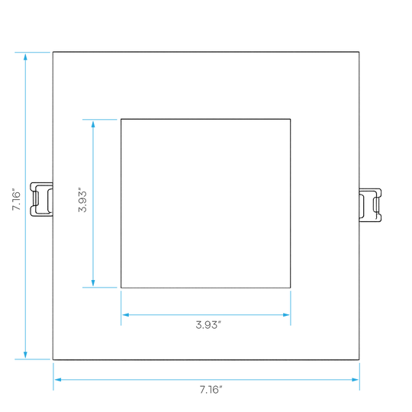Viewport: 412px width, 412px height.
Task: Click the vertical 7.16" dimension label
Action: (x=16, y=199)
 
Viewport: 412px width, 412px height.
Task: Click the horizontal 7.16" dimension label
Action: (x=211, y=390)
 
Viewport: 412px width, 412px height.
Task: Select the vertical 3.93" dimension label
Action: (x=82, y=200)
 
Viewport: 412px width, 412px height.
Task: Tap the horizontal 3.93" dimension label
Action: (x=208, y=325)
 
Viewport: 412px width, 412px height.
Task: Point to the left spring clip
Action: (x=41, y=199)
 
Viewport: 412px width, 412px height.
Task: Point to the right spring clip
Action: (x=370, y=205)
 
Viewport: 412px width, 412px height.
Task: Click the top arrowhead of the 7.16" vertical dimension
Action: (x=25, y=56)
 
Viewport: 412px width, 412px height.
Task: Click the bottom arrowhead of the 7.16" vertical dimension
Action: (x=25, y=355)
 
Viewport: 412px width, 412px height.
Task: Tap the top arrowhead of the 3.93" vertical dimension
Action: (x=93, y=124)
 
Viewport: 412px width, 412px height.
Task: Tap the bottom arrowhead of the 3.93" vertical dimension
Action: (x=93, y=283)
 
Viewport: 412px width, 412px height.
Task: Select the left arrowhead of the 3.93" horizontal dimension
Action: (x=126, y=315)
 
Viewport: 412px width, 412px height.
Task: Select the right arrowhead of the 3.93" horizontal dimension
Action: (x=286, y=315)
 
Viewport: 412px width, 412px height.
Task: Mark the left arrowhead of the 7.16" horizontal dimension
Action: (x=58, y=380)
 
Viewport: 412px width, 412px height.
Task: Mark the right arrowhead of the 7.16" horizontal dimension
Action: (x=355, y=380)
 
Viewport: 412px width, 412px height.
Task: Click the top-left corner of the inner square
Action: (x=121, y=119)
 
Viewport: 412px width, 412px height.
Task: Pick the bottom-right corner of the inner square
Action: (x=291, y=288)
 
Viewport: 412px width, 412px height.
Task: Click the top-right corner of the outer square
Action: (x=359, y=52)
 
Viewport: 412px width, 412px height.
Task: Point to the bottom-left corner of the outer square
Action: (x=53, y=359)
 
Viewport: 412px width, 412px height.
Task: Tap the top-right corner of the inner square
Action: (x=291, y=119)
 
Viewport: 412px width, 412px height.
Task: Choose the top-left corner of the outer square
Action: (x=53, y=52)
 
